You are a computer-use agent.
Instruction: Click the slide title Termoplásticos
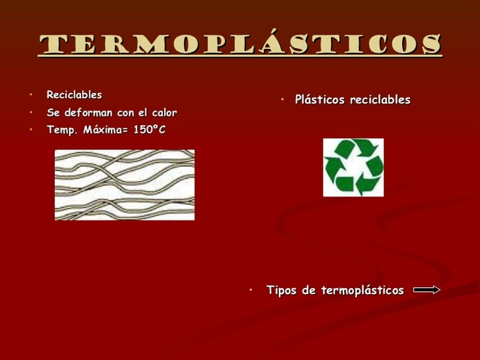[x=240, y=44]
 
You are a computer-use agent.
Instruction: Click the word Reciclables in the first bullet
[x=74, y=95]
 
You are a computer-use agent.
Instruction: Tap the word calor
[x=163, y=112]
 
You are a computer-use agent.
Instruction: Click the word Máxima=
[x=106, y=130]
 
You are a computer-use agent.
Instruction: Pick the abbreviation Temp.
[x=61, y=130]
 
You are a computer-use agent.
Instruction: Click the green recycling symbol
[x=353, y=167]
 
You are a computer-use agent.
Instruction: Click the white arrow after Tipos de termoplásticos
[x=426, y=290]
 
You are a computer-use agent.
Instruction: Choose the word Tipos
[x=282, y=290]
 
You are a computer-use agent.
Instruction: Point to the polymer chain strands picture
[x=124, y=184]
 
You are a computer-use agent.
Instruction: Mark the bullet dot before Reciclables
[x=32, y=95]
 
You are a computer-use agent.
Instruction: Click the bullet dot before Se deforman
[x=32, y=112]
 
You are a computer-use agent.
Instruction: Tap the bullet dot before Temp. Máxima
[x=32, y=130]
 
